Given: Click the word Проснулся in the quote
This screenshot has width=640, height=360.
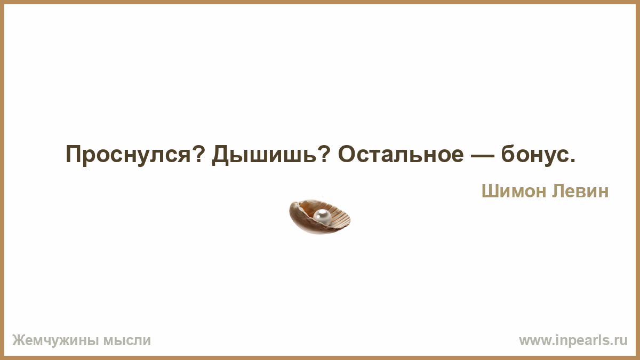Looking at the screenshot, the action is [x=128, y=155].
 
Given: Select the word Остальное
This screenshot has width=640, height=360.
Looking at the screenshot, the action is [x=401, y=154].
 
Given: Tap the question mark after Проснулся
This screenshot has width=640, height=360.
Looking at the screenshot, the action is [x=198, y=154].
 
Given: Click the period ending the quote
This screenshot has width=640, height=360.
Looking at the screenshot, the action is [x=572, y=161].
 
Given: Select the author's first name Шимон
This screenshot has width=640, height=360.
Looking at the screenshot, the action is [x=514, y=191].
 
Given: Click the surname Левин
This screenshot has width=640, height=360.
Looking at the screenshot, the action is [x=580, y=191].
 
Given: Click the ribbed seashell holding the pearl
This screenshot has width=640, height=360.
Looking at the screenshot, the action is [x=319, y=217].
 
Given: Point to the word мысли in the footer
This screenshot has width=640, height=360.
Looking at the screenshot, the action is [x=127, y=341].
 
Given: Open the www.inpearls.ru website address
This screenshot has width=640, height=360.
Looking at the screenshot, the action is [x=573, y=340].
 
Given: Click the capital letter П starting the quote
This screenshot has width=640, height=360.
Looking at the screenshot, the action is [x=74, y=154].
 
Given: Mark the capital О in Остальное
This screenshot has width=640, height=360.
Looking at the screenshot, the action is [x=348, y=154].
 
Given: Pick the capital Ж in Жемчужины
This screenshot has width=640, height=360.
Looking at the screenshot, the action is [x=19, y=340].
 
